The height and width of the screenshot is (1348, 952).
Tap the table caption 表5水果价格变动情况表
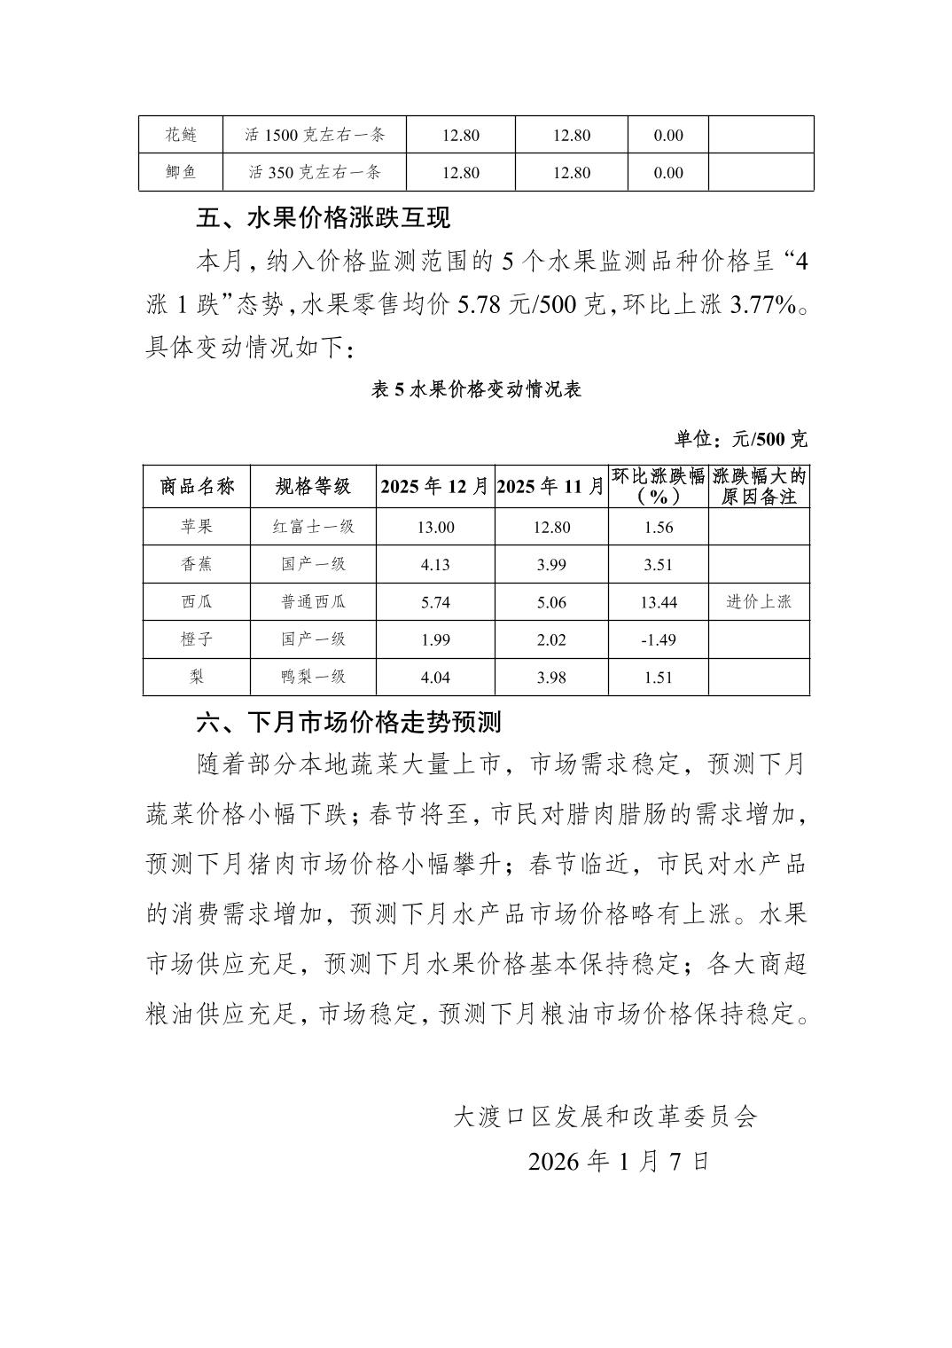(476, 389)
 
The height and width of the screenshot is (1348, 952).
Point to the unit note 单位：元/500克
(741, 439)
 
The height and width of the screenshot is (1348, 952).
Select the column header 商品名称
(197, 486)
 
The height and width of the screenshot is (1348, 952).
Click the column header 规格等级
(313, 486)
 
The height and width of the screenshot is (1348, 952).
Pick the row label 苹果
(197, 527)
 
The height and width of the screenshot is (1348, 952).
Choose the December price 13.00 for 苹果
(435, 528)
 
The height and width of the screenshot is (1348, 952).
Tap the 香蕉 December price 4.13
(435, 565)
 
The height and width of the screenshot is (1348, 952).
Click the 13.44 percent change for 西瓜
(659, 602)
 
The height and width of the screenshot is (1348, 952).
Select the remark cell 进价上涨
(759, 602)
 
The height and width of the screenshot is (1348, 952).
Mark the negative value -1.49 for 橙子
(659, 639)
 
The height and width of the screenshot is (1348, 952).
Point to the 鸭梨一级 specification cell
(313, 677)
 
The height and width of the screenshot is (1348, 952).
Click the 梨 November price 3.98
(551, 678)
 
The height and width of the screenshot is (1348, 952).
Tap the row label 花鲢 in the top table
(181, 135)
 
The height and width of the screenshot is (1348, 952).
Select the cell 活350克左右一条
(315, 172)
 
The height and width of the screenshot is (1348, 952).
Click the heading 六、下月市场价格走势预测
(348, 722)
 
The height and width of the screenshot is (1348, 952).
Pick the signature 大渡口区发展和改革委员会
(605, 1117)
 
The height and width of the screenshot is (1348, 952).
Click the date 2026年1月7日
(619, 1162)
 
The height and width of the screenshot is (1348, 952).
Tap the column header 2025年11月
(551, 486)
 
